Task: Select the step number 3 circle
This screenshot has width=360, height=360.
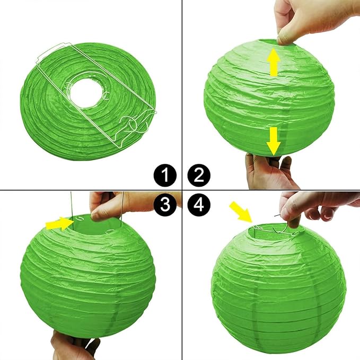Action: coord(165,204)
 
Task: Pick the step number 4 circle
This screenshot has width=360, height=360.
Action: coord(199,204)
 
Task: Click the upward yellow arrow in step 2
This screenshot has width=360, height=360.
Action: coord(274,62)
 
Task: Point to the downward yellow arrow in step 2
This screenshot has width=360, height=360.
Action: coord(274,141)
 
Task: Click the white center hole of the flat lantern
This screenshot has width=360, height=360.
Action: coord(85,92)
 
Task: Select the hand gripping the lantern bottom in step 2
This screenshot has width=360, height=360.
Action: coord(269,171)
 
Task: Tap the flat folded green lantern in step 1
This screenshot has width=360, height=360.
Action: coord(89,101)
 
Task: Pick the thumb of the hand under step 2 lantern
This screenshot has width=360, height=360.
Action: coord(286,163)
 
